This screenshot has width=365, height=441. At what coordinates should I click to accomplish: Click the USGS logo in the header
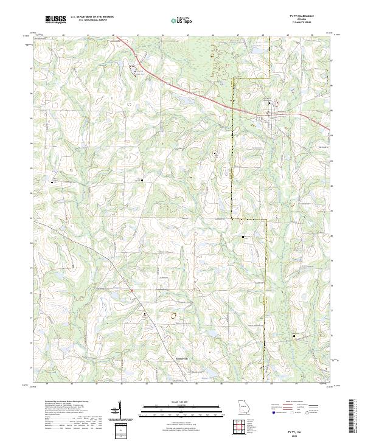55,19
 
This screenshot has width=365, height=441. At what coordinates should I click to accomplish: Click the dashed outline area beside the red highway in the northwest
134,68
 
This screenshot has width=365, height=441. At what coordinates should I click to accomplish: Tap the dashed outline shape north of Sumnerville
172,315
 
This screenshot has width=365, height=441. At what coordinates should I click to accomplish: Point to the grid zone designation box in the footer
122,429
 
